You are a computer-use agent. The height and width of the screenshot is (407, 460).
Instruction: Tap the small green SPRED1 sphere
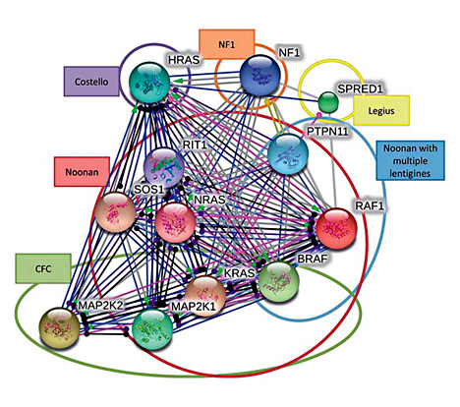(x=328, y=101)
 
